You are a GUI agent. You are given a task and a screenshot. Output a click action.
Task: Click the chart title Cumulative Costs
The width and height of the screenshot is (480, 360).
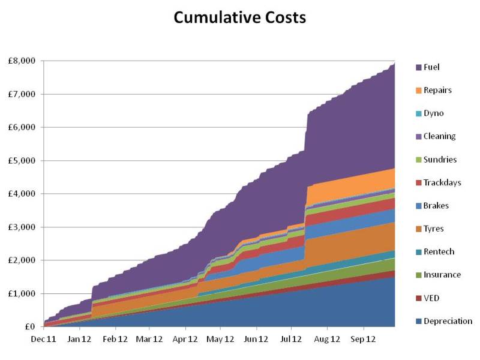240,18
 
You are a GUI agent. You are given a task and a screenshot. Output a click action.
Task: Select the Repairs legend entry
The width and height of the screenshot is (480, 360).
437,90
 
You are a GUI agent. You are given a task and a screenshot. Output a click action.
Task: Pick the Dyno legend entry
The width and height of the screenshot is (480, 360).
434,113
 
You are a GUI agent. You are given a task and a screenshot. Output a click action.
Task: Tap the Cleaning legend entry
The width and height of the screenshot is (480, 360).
439,136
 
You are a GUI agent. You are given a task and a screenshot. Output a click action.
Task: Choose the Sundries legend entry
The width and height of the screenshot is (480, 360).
440,160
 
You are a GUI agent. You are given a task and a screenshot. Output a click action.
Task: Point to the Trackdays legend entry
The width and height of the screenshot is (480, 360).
442,182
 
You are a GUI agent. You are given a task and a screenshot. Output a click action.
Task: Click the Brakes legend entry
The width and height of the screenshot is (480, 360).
436,206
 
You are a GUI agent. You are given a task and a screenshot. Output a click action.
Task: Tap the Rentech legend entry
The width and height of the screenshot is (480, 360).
438,251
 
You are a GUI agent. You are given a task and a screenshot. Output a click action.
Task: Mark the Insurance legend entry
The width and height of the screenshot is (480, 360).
442,275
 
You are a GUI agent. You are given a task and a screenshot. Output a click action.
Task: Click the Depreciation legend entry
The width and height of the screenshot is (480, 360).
448,321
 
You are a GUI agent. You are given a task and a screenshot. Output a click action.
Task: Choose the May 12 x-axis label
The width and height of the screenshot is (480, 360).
220,338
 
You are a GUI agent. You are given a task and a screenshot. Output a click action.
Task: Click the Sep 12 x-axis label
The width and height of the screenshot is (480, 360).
363,338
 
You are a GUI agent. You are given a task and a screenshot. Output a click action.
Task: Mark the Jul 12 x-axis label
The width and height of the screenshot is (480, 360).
292,338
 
